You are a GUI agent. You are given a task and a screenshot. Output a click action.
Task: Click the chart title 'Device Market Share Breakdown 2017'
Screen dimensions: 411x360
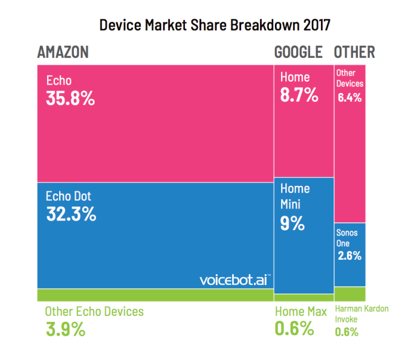[x=215, y=25]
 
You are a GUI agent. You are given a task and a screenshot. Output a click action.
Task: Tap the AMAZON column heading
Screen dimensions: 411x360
[x=63, y=52]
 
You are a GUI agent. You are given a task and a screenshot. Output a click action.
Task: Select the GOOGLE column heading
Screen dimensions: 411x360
[x=299, y=52]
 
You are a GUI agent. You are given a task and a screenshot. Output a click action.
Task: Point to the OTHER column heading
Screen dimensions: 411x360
[x=354, y=52]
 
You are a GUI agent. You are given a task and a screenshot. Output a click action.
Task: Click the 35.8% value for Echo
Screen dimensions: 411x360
[x=70, y=98]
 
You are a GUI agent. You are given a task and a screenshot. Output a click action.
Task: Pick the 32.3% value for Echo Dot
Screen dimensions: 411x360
[x=71, y=214]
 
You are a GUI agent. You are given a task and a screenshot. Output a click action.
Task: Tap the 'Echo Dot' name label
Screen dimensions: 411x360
[x=68, y=196]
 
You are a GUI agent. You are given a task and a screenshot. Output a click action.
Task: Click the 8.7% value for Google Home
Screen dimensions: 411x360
[x=299, y=95]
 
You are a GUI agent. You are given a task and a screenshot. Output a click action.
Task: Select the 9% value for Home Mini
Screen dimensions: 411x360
[x=293, y=223]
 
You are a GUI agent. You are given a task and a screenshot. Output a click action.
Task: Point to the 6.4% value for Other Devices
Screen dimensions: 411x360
[x=350, y=98]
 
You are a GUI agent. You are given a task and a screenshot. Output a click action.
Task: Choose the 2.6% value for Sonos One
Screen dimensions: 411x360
[x=350, y=256]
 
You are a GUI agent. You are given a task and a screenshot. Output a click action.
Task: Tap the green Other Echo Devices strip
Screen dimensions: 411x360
[x=155, y=295]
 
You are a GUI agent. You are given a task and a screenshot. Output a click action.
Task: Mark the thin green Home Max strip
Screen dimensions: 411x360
[x=304, y=298]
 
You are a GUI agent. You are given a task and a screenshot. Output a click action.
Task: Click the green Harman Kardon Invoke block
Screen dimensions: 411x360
[x=350, y=294]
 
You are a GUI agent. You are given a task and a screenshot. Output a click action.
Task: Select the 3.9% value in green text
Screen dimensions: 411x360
[x=65, y=329]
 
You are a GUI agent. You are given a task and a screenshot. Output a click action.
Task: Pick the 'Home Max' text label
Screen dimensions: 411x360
[x=301, y=312]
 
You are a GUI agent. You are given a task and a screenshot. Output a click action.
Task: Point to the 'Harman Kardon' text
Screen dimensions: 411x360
[x=361, y=309]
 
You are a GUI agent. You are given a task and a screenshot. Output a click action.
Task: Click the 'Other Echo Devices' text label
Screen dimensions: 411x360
[x=94, y=312]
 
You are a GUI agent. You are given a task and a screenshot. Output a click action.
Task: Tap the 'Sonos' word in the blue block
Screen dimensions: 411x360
[x=347, y=233]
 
